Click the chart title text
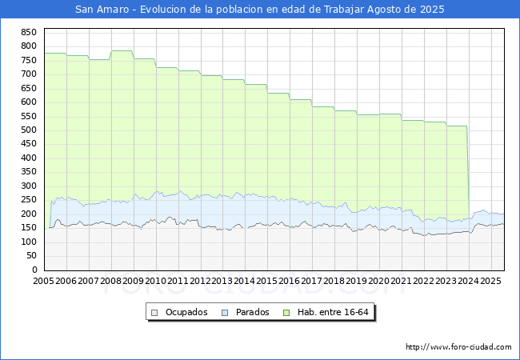click(260, 10)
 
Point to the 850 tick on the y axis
click(29, 32)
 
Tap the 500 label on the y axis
click(29, 130)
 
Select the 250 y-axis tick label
click(29, 200)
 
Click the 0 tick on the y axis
click(34, 270)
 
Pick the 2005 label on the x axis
click(43, 282)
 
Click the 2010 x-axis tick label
click(155, 282)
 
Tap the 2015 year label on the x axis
click(267, 282)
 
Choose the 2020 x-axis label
click(379, 282)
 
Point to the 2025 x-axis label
click(490, 282)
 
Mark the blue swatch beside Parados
click(225, 312)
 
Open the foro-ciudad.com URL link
click(458, 347)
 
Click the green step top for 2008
click(122, 51)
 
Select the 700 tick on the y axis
click(29, 74)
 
